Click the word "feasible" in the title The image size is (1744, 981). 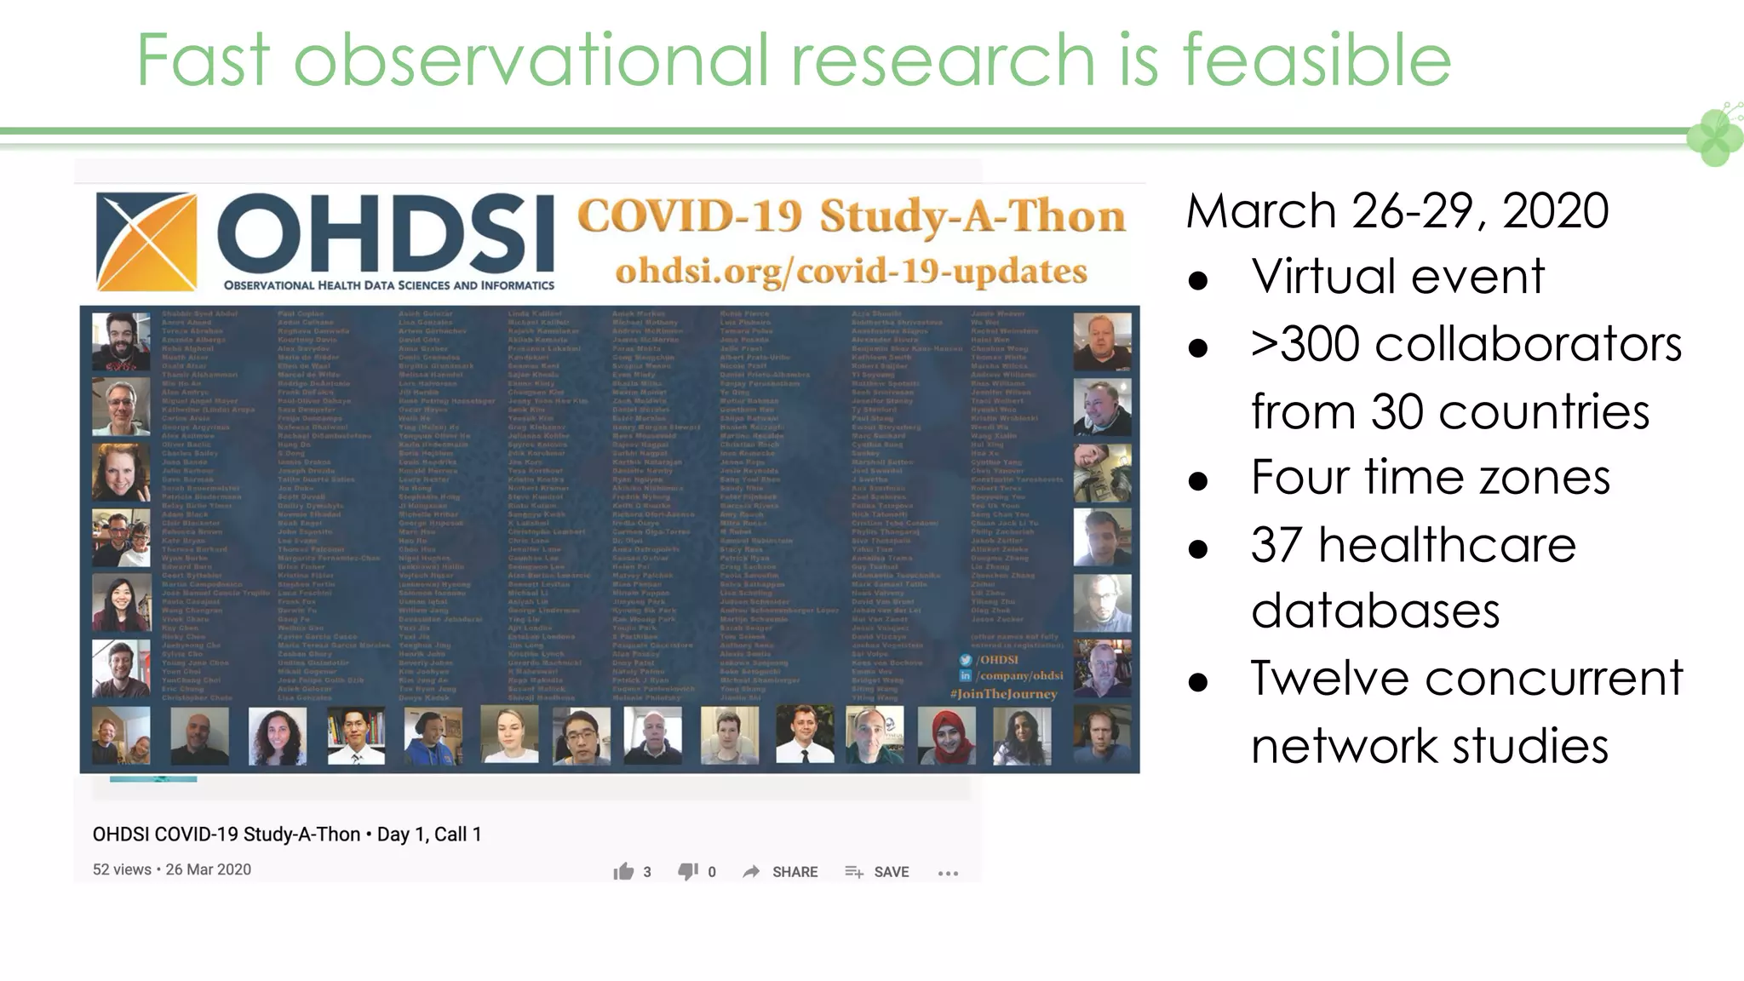1316,60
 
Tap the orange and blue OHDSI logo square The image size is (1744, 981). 146,242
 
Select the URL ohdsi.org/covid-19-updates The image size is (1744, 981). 851,272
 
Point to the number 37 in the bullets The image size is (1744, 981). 1276,545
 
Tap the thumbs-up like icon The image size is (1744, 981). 623,871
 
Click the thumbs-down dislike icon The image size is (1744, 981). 687,871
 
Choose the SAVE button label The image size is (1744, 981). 891,872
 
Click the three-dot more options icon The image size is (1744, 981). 948,873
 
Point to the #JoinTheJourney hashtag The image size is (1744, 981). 1004,694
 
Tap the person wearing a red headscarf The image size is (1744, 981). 946,734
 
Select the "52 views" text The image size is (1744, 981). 122,869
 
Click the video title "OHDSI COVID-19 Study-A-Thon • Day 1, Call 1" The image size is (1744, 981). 287,835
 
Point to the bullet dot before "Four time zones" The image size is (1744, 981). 1198,480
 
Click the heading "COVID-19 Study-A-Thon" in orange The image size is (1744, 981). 851,216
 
